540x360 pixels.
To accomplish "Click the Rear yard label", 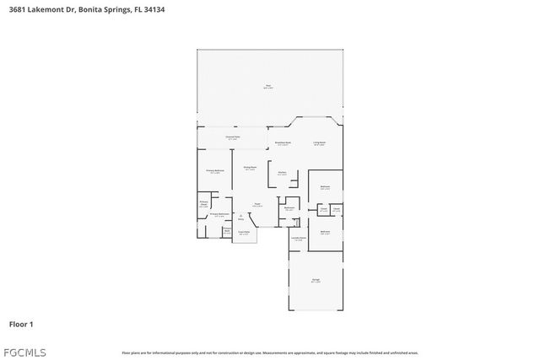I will pyautogui.click(x=268, y=86).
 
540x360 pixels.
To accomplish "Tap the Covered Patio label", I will pyautogui.click(x=232, y=137).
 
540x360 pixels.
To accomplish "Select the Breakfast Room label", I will pyautogui.click(x=283, y=143).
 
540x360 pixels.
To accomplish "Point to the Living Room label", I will pyautogui.click(x=320, y=143).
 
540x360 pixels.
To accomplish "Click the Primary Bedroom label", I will pyautogui.click(x=215, y=171).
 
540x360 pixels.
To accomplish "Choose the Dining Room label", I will pyautogui.click(x=249, y=169).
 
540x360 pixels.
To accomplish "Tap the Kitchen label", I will pyautogui.click(x=282, y=175).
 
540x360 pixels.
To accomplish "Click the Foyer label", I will pyautogui.click(x=257, y=205).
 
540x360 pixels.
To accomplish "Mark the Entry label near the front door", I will pyautogui.click(x=240, y=218).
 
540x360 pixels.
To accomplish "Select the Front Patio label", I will pyautogui.click(x=243, y=233).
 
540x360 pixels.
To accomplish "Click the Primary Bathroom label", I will pyautogui.click(x=219, y=215).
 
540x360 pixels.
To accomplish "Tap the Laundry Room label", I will pyautogui.click(x=298, y=239).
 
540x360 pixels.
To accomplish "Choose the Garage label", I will pyautogui.click(x=316, y=281).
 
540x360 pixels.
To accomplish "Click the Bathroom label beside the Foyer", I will pyautogui.click(x=289, y=208).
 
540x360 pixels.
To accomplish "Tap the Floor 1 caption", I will pyautogui.click(x=21, y=324).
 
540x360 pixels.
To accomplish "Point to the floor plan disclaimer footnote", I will pyautogui.click(x=269, y=352).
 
